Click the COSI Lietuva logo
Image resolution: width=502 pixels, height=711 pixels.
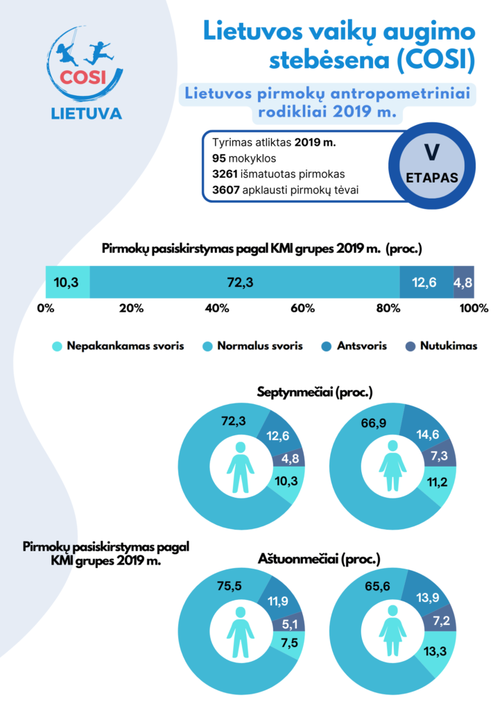tap(87, 73)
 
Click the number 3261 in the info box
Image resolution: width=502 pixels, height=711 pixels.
tap(226, 174)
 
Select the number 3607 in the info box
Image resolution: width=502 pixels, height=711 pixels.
tap(226, 190)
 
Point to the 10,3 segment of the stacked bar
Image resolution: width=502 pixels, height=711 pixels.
tap(67, 283)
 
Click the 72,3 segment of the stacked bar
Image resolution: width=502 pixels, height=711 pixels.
tap(244, 283)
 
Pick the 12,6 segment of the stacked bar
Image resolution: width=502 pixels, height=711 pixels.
tap(426, 283)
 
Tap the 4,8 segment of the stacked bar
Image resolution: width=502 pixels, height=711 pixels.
tap(464, 283)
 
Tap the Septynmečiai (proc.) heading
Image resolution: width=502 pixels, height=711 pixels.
tap(315, 392)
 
